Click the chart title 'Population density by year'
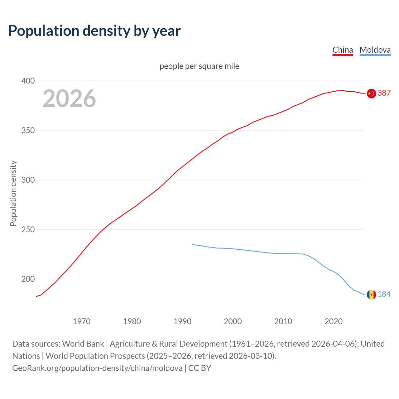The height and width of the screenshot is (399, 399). [x=94, y=31]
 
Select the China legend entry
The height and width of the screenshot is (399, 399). [x=343, y=50]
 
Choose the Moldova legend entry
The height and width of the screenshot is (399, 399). [x=375, y=50]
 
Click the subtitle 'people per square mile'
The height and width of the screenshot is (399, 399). [x=199, y=66]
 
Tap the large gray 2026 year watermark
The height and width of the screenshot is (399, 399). [x=69, y=99]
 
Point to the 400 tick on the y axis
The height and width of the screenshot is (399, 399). [x=28, y=81]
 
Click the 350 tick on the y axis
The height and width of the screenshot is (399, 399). [x=28, y=130]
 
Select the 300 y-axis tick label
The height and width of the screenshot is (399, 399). [x=28, y=180]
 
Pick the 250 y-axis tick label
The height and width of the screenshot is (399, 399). [x=28, y=229]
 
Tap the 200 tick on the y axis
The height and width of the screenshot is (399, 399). [x=28, y=279]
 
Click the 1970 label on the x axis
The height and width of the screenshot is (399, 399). [x=82, y=321]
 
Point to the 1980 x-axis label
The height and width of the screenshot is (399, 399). [x=132, y=321]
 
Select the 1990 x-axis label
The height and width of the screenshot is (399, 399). [x=182, y=321]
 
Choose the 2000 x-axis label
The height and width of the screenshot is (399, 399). [x=233, y=321]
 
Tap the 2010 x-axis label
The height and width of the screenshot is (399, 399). [x=283, y=321]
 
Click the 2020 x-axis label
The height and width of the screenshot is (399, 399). [x=334, y=321]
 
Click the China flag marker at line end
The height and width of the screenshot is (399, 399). [x=371, y=94]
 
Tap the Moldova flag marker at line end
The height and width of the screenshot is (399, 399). [x=371, y=295]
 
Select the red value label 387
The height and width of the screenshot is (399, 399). [x=384, y=93]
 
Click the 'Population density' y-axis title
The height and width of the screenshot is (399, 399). [x=13, y=193]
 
